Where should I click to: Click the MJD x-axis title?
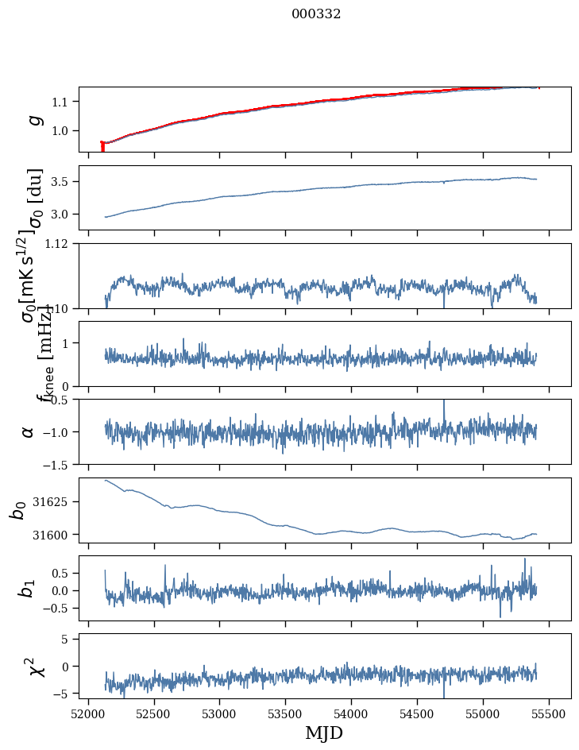pos(324,733)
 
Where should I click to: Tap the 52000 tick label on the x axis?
pos(88,713)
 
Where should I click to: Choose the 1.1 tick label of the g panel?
pos(61,102)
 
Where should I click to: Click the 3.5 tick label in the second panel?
pos(61,182)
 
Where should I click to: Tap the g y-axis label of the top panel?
pos(33,119)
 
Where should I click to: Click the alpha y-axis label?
pos(29,431)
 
